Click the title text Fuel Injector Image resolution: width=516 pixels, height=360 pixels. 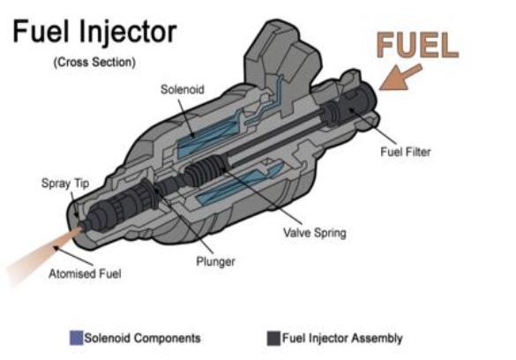94,33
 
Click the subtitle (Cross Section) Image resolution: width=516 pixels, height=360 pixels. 94,62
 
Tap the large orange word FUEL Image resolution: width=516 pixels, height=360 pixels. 417,45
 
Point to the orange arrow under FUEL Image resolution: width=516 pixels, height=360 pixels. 400,77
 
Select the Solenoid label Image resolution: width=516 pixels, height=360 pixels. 182,89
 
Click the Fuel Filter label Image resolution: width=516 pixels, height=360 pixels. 406,152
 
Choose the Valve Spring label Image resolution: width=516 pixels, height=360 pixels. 315,233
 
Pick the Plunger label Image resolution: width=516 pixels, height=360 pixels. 215,261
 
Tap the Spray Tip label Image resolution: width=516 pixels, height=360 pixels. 65,184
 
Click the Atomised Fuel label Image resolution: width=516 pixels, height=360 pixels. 85,274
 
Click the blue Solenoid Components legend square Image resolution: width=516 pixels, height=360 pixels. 77,338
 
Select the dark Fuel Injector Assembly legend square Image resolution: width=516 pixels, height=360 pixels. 273,338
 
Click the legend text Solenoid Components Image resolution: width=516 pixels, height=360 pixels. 143,338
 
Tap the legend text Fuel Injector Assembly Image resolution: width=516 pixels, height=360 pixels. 342,338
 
